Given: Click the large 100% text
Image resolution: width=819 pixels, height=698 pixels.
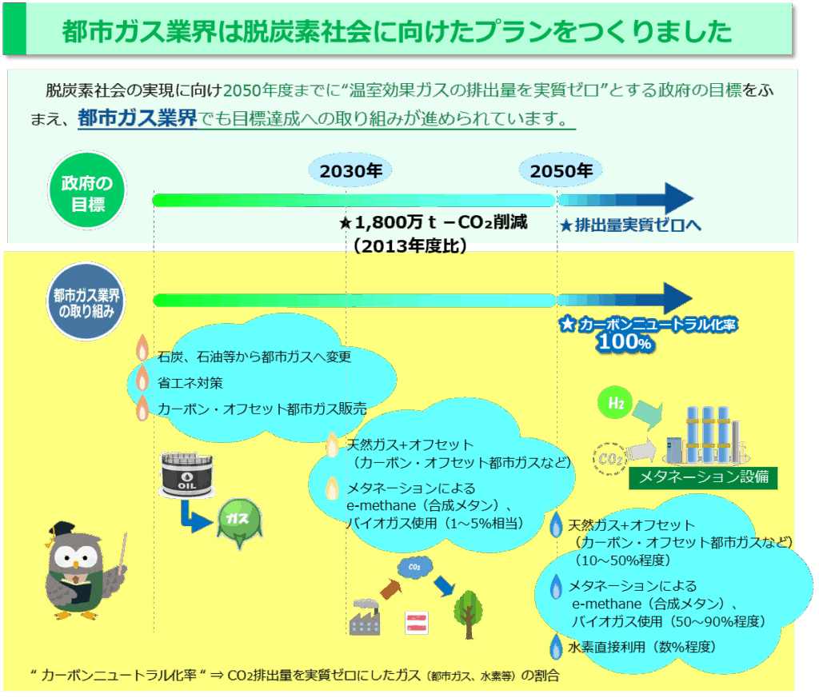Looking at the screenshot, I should [x=625, y=342].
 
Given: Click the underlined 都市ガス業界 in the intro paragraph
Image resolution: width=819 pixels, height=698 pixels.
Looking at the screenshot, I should [x=137, y=118].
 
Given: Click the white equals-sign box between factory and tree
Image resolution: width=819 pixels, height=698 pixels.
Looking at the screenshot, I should [x=417, y=623].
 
